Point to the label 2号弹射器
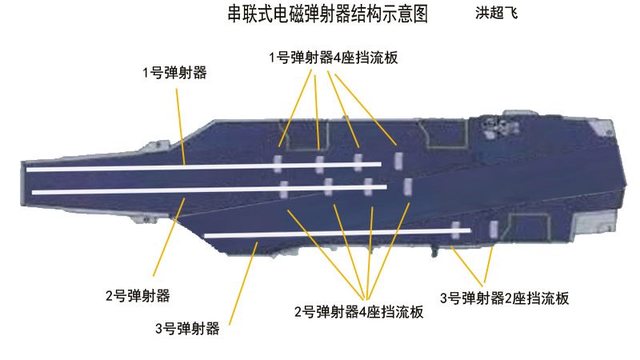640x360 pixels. click(x=137, y=295)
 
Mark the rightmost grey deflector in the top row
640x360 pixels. click(x=398, y=160)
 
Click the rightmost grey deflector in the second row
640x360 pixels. click(x=406, y=186)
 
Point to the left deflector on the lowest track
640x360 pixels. click(x=455, y=230)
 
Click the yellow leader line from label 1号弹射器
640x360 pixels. click(x=181, y=120)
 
